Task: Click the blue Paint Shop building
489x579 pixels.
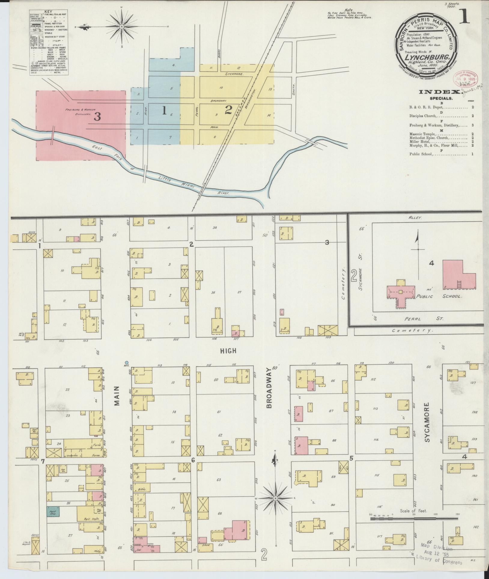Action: (53, 511)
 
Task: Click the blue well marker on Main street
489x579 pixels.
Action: (127, 363)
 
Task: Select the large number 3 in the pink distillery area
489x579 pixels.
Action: (97, 117)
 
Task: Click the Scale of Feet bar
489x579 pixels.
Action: (415, 519)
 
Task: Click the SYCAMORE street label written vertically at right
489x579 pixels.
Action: (428, 422)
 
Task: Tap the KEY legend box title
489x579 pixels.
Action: (48, 12)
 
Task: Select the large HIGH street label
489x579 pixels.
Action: (229, 350)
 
